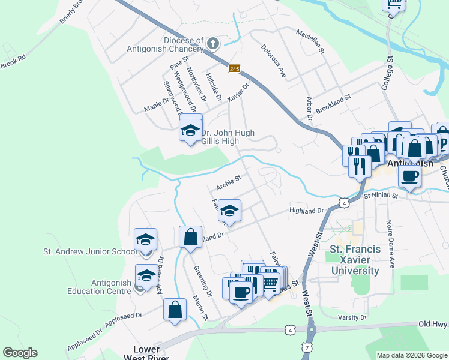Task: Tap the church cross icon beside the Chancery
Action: click(x=212, y=43)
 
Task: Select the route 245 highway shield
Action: click(x=235, y=69)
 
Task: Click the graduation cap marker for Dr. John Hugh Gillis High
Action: click(x=190, y=129)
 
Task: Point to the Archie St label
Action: click(x=229, y=182)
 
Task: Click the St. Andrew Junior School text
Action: click(x=90, y=252)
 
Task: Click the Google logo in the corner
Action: click(x=20, y=353)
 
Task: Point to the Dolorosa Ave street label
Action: click(x=271, y=62)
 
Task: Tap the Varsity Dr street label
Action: click(x=352, y=317)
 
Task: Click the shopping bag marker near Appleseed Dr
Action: click(x=175, y=310)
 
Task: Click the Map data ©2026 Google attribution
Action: click(x=412, y=355)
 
